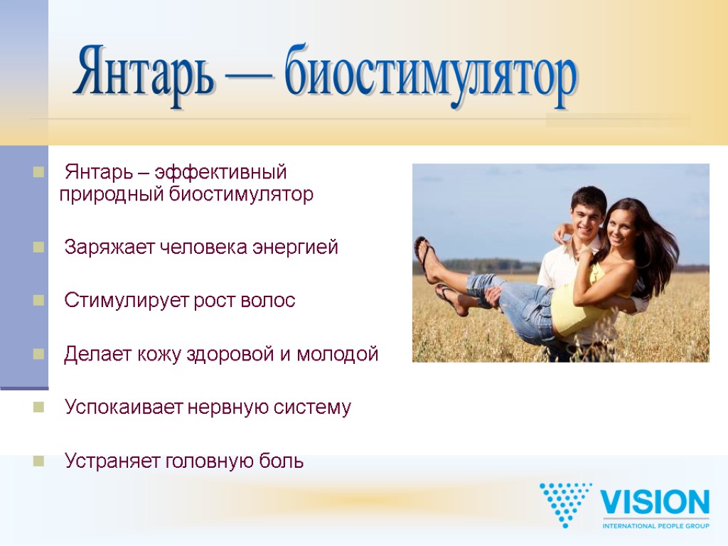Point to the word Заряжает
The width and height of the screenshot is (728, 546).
(x=109, y=247)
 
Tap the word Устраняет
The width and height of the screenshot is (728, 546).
(x=112, y=461)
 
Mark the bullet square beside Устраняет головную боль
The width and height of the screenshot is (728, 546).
(x=38, y=461)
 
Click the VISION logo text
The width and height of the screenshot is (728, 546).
(x=655, y=503)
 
